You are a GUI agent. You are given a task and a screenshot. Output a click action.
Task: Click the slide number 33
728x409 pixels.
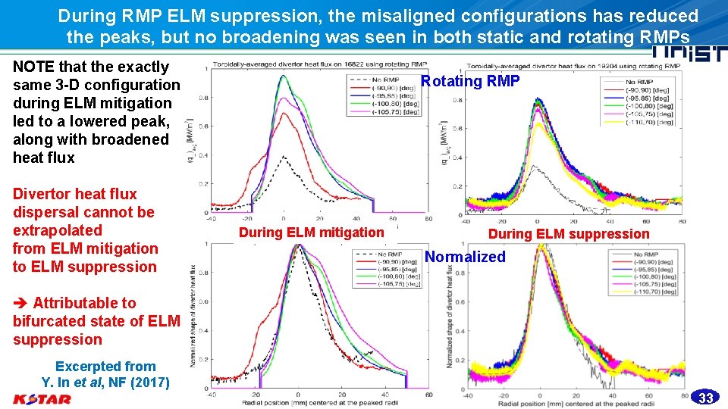click(x=706, y=398)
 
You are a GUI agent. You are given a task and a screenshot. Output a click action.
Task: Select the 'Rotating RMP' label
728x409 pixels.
click(x=470, y=81)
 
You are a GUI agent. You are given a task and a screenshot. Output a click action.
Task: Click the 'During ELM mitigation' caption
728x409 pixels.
click(x=312, y=233)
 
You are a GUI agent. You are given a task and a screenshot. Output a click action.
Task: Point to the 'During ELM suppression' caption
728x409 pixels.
click(x=569, y=234)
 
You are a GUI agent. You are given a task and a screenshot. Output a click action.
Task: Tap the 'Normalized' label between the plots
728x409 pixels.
click(x=465, y=257)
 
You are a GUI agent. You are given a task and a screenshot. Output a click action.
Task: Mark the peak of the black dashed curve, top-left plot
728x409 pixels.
click(x=284, y=156)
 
